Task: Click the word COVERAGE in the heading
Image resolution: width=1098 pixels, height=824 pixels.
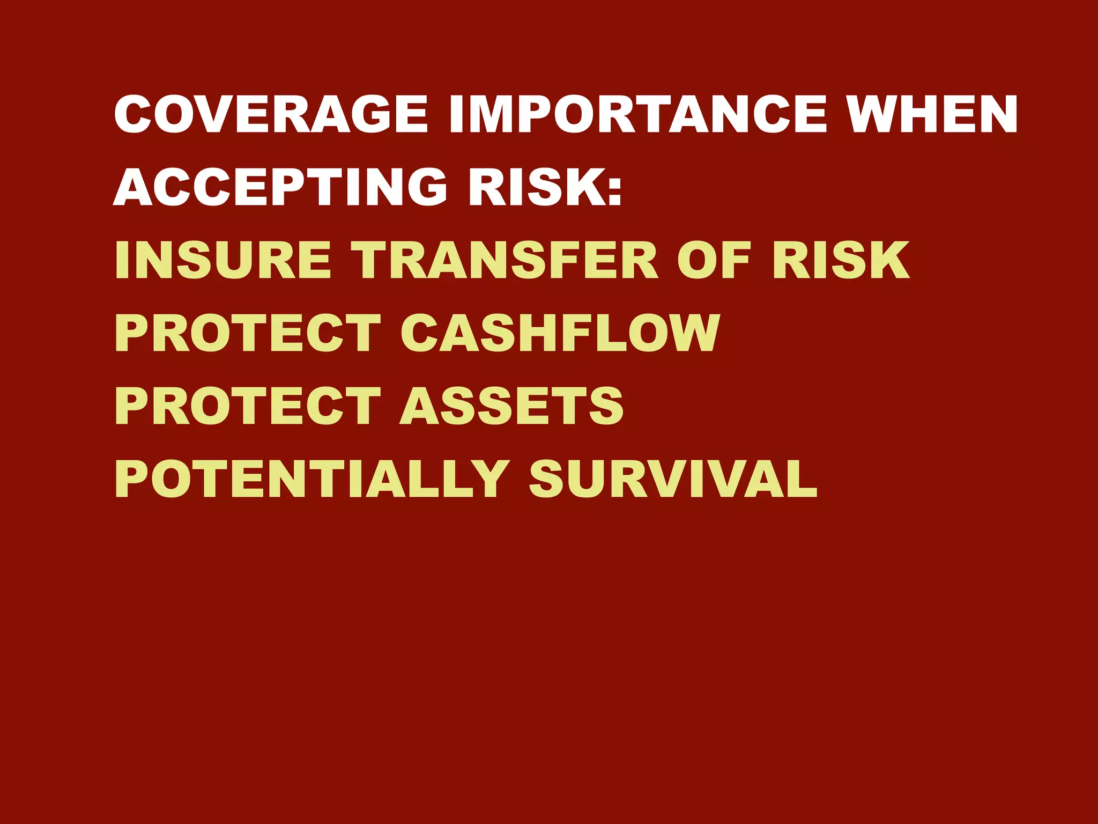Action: coord(271,114)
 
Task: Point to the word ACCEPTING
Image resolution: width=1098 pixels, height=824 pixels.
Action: coord(279,187)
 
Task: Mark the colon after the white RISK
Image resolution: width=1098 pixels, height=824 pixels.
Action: coord(615,188)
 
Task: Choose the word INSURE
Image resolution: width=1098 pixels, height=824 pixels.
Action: coord(222,260)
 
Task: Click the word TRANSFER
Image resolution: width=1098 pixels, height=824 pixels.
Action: coord(507,260)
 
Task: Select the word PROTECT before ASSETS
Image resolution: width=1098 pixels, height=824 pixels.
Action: coord(248,406)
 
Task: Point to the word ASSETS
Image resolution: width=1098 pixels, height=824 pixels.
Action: coord(511,406)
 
